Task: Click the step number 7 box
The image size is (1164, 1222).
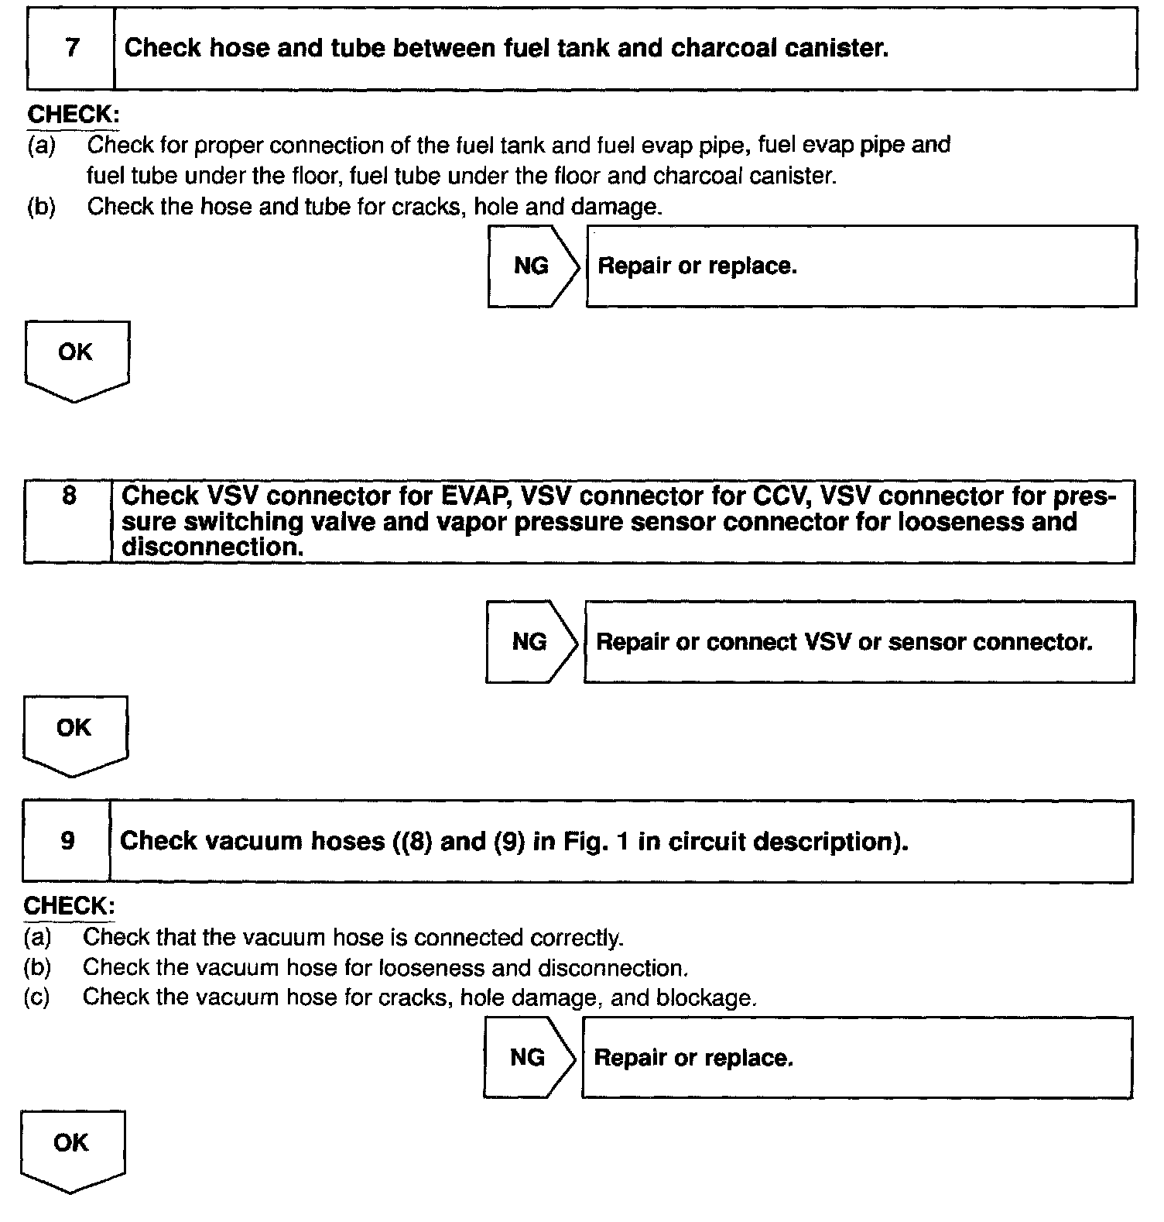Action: tap(71, 49)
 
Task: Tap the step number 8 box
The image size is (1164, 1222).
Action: tap(69, 521)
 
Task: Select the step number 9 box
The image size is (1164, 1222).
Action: tap(67, 841)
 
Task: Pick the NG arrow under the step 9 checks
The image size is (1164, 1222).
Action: tap(529, 1058)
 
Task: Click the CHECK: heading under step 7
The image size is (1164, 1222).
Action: tap(74, 115)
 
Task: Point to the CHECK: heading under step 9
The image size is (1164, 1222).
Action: tap(69, 905)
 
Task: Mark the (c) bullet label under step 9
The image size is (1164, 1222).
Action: tap(37, 997)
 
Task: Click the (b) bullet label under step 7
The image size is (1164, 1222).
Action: tap(41, 208)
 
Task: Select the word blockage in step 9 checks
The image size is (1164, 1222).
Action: tap(705, 997)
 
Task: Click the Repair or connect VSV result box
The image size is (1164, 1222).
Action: tap(859, 642)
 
